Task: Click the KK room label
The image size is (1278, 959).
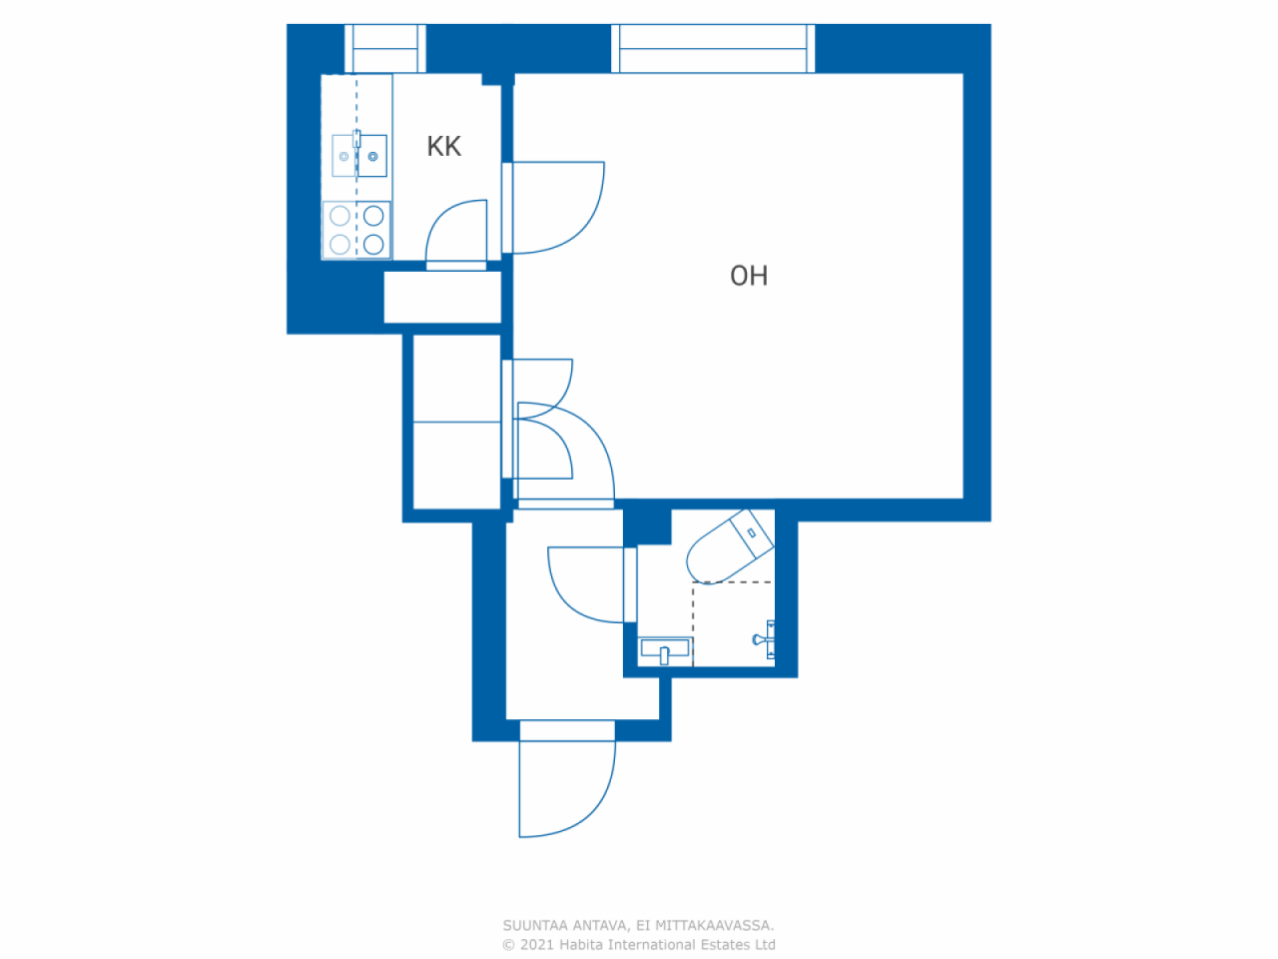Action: click(443, 147)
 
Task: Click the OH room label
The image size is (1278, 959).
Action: click(749, 276)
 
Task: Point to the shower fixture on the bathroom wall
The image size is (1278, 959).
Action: click(766, 638)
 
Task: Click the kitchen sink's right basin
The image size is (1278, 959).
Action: click(373, 156)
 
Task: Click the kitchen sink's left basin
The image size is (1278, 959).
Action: click(343, 156)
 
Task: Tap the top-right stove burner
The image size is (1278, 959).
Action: click(373, 216)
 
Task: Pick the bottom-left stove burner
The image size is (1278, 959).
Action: click(339, 244)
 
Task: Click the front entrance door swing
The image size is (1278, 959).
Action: click(564, 789)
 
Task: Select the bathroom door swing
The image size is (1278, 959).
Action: click(589, 584)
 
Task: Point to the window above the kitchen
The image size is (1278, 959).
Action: click(385, 48)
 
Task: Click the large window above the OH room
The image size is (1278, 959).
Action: click(713, 48)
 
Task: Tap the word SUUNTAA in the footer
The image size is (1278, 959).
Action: click(535, 926)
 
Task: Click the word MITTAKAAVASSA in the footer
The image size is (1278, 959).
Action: click(714, 926)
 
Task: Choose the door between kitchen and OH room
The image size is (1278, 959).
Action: click(554, 208)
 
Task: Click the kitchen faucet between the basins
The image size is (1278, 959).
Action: click(357, 140)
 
